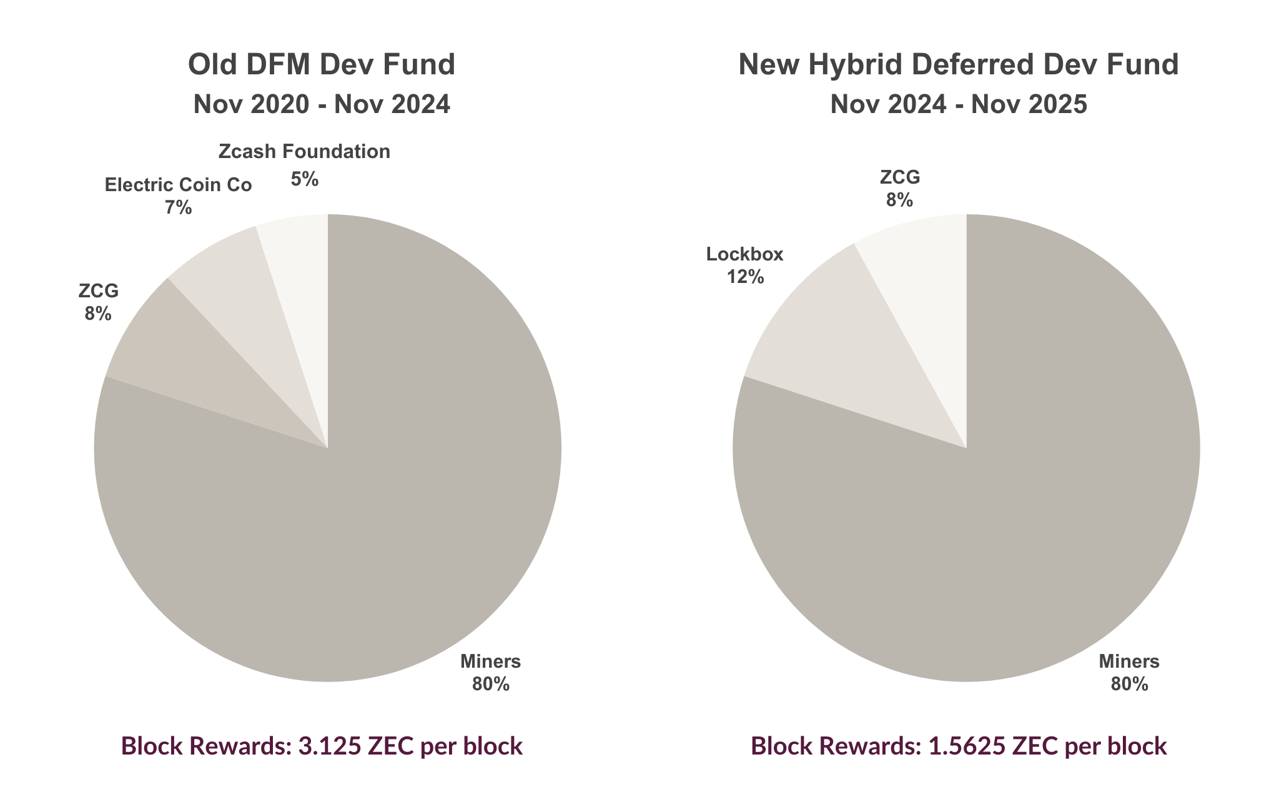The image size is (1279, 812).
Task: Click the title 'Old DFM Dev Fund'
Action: coord(322,65)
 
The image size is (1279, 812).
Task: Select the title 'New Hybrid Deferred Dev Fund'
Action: coord(958,65)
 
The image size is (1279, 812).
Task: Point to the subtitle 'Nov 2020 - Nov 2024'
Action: coord(322,104)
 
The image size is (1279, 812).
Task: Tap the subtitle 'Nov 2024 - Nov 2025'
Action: coord(958,104)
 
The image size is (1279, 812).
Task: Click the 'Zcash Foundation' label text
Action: coord(304,152)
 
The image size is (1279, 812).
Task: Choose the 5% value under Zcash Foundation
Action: coord(304,180)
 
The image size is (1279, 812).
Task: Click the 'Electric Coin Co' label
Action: coord(178,185)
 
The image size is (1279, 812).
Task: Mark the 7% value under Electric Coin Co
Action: coord(178,208)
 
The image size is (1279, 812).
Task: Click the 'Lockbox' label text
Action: coord(744,254)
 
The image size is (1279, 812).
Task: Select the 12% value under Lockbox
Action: coord(744,277)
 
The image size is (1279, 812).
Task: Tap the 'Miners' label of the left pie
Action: coord(490,661)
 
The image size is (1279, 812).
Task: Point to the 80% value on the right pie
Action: coord(1129,685)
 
